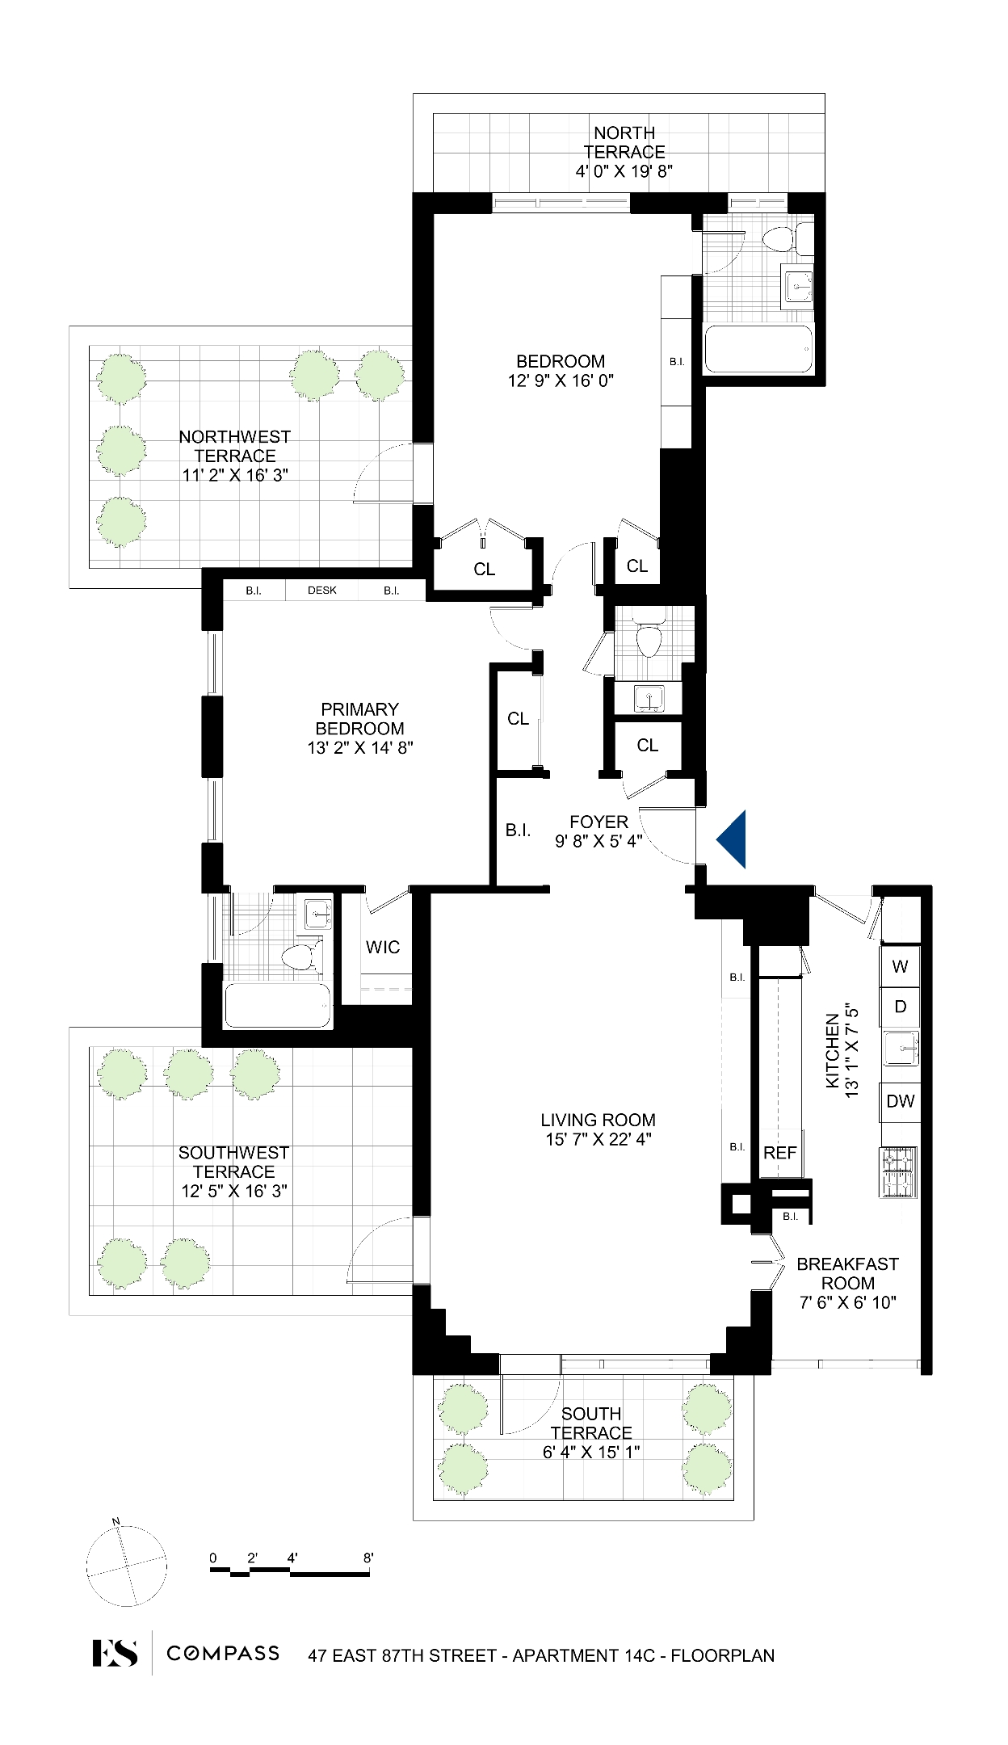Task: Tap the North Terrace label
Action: (x=624, y=142)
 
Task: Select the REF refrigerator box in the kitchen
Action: (x=779, y=1153)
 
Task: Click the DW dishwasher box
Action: (x=900, y=1101)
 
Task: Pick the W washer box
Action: (x=900, y=965)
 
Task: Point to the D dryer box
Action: (x=900, y=1007)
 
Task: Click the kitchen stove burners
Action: (x=899, y=1171)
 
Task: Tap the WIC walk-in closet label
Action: (x=382, y=947)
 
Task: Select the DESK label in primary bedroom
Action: (x=322, y=591)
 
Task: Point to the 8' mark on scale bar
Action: (x=368, y=1558)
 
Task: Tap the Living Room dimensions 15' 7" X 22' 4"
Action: (x=598, y=1139)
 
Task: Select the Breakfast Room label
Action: (x=847, y=1273)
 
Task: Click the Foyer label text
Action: (x=598, y=822)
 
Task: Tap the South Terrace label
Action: (x=591, y=1423)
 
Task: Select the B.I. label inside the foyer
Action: (x=518, y=830)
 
